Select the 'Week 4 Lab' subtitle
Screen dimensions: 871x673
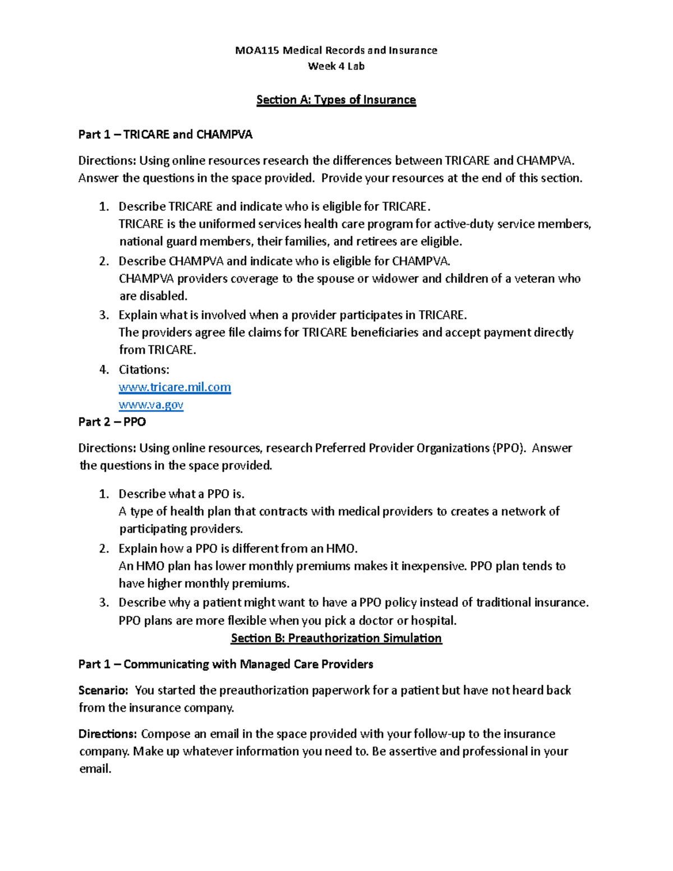pos(336,66)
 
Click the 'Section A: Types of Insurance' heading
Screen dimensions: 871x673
pos(336,100)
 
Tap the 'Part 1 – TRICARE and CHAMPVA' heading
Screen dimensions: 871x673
pos(165,135)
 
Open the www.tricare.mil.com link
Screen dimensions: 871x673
pos(174,388)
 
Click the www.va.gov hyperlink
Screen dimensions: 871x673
pos(151,405)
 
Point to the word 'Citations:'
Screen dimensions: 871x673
pos(144,370)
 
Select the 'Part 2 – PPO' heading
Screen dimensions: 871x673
pos(112,422)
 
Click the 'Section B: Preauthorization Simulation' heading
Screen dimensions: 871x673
pos(336,638)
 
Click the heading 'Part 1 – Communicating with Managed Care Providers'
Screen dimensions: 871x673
pos(225,665)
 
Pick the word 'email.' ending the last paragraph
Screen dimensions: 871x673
pos(95,769)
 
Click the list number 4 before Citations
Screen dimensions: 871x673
pos(103,370)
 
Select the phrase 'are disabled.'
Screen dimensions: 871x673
pos(153,296)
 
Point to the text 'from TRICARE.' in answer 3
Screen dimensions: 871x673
pos(158,350)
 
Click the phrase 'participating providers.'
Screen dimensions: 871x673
pos(181,529)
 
